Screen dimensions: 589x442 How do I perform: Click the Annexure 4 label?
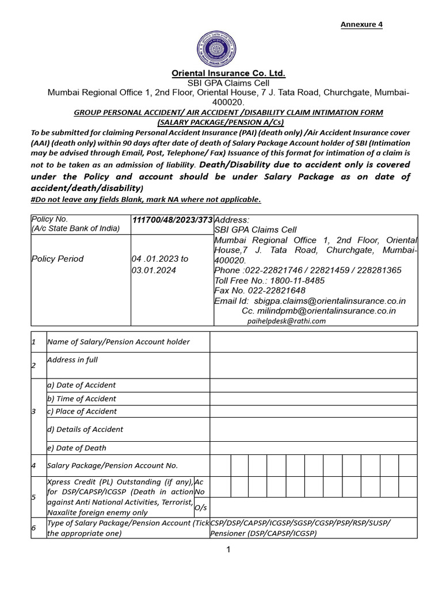pyautogui.click(x=361, y=24)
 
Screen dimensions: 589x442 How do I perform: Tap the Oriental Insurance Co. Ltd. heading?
pyautogui.click(x=229, y=74)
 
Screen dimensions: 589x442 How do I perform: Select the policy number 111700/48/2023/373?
pyautogui.click(x=172, y=220)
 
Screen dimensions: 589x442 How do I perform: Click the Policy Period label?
pyautogui.click(x=58, y=259)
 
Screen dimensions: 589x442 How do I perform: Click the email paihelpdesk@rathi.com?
pyautogui.click(x=287, y=321)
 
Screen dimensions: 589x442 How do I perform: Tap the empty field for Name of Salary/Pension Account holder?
pyautogui.click(x=313, y=342)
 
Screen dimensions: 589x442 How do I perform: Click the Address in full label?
pyautogui.click(x=73, y=360)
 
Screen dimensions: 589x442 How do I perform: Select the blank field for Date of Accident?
pyautogui.click(x=313, y=385)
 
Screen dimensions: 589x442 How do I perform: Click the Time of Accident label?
pyautogui.click(x=81, y=399)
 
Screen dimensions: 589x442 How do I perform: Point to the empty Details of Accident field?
pyautogui.click(x=313, y=429)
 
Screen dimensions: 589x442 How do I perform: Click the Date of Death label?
pyautogui.click(x=77, y=448)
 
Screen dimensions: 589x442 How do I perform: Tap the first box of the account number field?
pyautogui.click(x=220, y=465)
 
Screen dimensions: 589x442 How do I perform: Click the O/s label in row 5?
pyautogui.click(x=200, y=507)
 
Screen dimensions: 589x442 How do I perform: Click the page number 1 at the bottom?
pyautogui.click(x=228, y=550)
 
